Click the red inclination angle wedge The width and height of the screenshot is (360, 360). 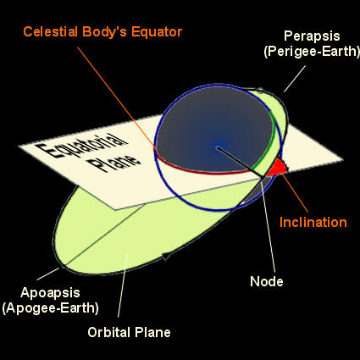click(x=277, y=168)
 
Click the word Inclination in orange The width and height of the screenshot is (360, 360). click(x=313, y=222)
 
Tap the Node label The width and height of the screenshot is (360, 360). click(x=267, y=281)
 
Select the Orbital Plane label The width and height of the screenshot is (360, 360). click(x=129, y=332)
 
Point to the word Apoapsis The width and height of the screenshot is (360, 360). click(x=50, y=293)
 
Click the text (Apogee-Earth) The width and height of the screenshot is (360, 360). click(x=50, y=307)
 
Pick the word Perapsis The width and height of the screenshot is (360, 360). click(x=312, y=36)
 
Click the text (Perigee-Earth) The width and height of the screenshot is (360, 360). click(x=312, y=51)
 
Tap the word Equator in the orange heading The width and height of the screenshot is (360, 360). click(x=157, y=32)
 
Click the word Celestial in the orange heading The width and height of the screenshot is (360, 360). click(x=50, y=31)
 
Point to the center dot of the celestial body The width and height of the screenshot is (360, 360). click(x=217, y=147)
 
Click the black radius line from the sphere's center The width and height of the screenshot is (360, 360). click(x=240, y=162)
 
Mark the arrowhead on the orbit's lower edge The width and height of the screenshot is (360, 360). click(x=166, y=256)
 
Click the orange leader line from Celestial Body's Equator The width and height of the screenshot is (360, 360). click(x=116, y=97)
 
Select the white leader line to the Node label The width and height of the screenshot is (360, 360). click(x=269, y=226)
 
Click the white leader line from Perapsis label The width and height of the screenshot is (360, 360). click(x=295, y=79)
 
